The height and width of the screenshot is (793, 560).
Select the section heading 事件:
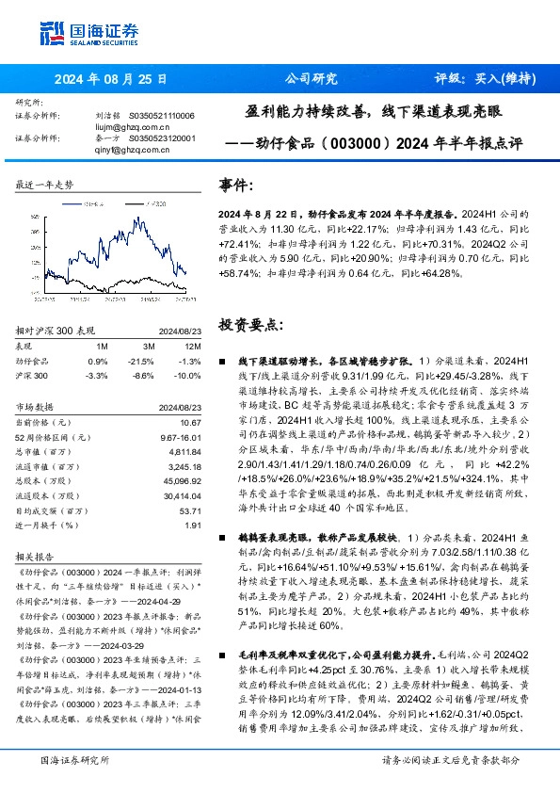click(x=235, y=186)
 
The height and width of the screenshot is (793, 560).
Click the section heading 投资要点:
click(x=249, y=324)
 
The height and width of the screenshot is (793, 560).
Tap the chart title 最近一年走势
click(x=45, y=186)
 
